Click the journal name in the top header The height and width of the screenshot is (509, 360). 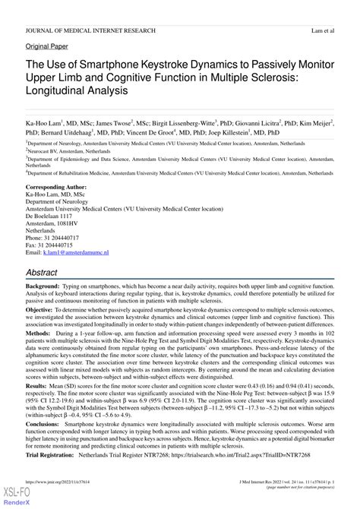coord(90,30)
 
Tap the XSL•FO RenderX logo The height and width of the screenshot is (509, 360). coord(10,498)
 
